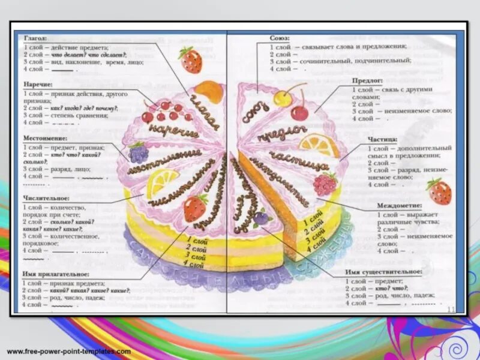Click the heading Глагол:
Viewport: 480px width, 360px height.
pos(35,38)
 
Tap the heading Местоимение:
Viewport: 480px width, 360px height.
pos(46,138)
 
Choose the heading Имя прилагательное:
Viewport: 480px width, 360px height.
pos(55,274)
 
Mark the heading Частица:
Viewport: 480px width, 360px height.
pos(382,139)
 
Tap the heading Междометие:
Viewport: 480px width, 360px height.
pos(397,205)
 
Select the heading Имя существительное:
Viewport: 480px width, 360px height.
pos(383,272)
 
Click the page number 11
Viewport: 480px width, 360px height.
pos(452,308)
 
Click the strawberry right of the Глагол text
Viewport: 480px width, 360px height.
pos(191,59)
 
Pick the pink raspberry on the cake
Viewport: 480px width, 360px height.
pos(325,182)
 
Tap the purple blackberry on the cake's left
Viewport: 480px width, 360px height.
pos(139,153)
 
